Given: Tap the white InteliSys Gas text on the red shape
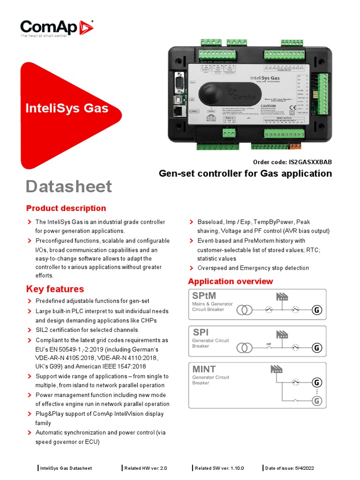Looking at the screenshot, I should click(67, 109).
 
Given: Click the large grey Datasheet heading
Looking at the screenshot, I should click(69, 186).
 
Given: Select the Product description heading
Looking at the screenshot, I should click(66, 208).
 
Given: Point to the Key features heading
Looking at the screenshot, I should click(55, 289).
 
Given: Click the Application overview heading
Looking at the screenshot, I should click(230, 281).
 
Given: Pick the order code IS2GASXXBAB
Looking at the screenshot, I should click(310, 162).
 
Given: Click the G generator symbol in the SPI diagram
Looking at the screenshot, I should click(317, 348).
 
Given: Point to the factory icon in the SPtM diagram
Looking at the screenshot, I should click(282, 296).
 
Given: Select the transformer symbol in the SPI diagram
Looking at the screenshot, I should click(244, 348).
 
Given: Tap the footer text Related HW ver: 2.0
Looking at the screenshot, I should click(146, 468).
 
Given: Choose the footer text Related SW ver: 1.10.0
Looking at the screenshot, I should click(219, 468).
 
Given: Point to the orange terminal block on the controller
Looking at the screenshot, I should click(295, 147).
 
